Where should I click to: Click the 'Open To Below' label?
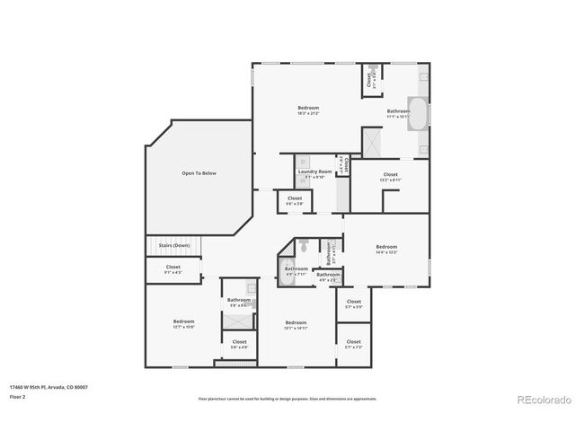[199, 173]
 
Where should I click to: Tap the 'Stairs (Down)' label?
[173, 245]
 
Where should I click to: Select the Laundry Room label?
[314, 172]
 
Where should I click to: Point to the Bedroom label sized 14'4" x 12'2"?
[386, 247]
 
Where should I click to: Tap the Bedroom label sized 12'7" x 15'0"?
[183, 321]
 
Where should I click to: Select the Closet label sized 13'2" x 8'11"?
[390, 175]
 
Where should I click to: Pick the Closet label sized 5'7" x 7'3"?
[353, 342]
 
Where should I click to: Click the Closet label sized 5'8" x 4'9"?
[239, 342]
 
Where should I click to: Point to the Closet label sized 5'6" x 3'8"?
[295, 198]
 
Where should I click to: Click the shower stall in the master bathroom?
[371, 141]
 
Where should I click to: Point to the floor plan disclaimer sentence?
[287, 399]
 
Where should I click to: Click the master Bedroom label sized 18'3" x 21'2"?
[308, 109]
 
